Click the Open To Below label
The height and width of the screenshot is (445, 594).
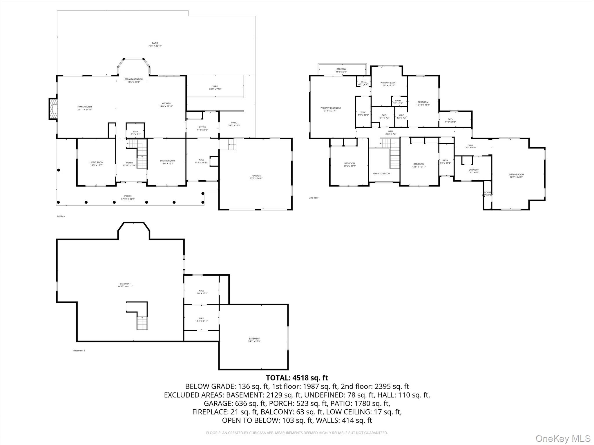pyautogui.click(x=381, y=174)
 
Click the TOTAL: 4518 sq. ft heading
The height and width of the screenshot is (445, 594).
pyautogui.click(x=297, y=378)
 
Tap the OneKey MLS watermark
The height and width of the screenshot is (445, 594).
pyautogui.click(x=563, y=438)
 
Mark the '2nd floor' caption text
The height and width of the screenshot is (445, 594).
pyautogui.click(x=314, y=198)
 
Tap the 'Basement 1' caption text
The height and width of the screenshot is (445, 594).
pyautogui.click(x=79, y=351)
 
